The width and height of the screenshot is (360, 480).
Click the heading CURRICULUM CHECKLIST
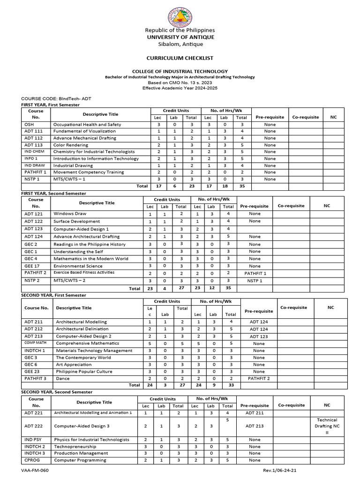(x=180, y=58)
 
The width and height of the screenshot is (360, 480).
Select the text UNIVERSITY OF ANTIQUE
(x=180, y=37)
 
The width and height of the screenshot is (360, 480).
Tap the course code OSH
(x=28, y=125)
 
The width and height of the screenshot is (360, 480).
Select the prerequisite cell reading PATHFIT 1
(x=255, y=273)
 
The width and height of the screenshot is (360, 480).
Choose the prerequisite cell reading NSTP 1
(x=255, y=281)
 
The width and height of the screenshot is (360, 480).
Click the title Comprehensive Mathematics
(x=87, y=344)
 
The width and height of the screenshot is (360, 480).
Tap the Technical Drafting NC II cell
(x=327, y=427)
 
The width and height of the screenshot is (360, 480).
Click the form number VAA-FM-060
(x=36, y=470)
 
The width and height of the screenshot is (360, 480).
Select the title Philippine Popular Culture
(x=84, y=371)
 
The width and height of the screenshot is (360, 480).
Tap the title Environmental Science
(x=78, y=266)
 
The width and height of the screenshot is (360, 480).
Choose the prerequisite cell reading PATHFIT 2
(x=259, y=378)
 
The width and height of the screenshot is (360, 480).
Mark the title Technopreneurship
(x=76, y=447)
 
